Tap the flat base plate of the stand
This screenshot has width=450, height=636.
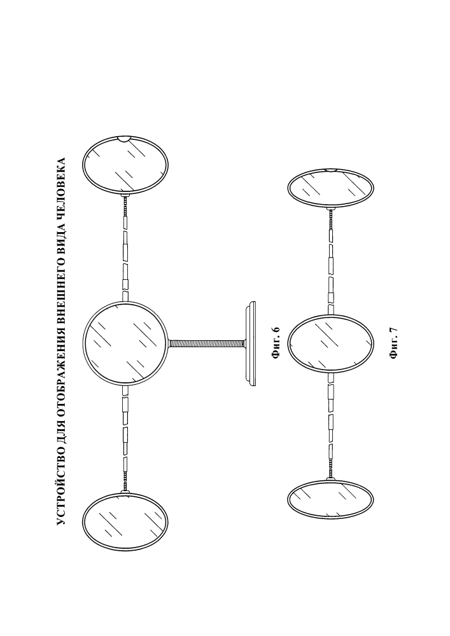tap(251, 343)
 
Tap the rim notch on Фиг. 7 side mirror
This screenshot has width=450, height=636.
tap(331, 170)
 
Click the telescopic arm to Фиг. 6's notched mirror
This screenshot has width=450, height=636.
tap(125, 247)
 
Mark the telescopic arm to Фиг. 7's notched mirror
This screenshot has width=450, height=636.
tap(331, 261)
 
